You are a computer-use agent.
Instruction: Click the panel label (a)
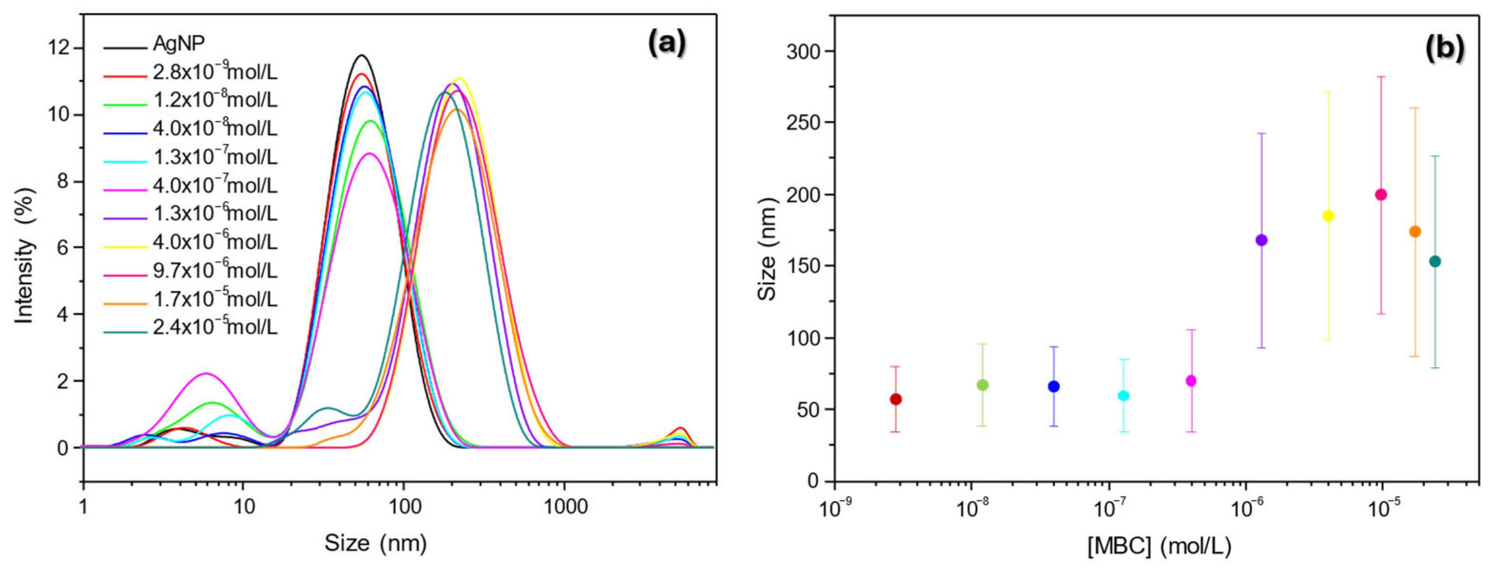(667, 43)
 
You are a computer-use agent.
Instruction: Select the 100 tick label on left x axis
(404, 507)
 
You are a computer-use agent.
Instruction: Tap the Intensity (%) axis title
(24, 255)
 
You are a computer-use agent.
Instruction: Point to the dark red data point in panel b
(896, 399)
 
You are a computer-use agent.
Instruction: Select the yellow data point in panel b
(1328, 216)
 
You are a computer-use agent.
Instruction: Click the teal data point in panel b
(1435, 261)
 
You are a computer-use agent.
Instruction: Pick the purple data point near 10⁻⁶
(1261, 240)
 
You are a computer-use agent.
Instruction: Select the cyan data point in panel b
(1123, 395)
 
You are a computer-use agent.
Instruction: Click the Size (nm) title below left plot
(375, 543)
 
